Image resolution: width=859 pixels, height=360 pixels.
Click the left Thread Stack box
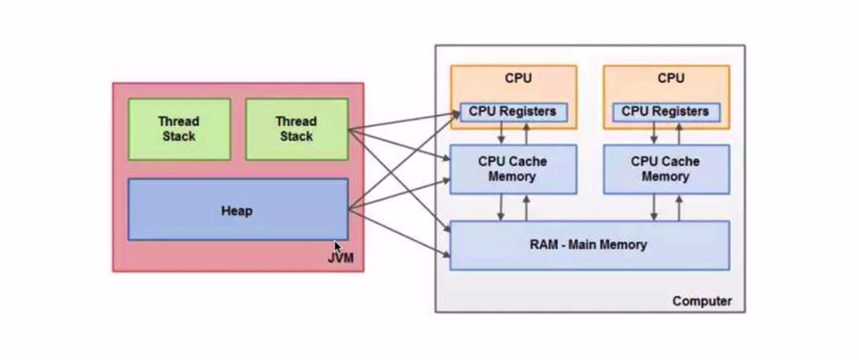click(179, 129)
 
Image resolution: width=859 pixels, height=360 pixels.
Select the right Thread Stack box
click(296, 129)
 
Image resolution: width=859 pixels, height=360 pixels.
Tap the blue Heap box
click(237, 210)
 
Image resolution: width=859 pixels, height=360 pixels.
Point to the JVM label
click(341, 258)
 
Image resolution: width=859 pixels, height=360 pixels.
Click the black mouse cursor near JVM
click(337, 248)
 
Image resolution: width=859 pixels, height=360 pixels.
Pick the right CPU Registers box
click(665, 112)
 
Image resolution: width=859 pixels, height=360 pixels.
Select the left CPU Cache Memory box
click(513, 169)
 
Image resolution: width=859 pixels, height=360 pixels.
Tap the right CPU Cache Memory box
click(666, 169)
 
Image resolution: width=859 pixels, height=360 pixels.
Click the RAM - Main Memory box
click(589, 245)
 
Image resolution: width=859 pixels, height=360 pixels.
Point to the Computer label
click(702, 300)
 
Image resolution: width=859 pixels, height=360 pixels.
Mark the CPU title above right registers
click(670, 79)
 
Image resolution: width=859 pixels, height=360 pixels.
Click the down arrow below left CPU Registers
click(502, 133)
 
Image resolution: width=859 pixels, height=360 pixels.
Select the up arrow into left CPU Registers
click(527, 133)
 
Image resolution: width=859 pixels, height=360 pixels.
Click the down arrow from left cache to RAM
click(502, 207)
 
